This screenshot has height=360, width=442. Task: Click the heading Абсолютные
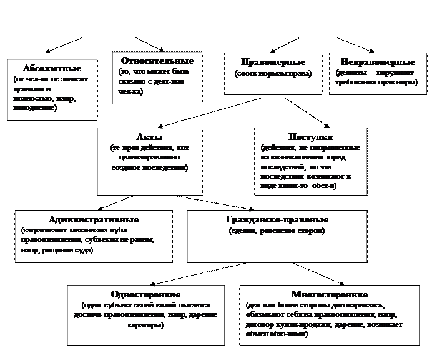51,68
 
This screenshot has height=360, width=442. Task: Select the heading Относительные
157,61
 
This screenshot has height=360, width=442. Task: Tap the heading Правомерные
273,62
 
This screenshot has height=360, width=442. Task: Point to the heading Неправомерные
378,62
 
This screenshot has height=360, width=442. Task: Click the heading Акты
149,137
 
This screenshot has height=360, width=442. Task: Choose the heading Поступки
311,137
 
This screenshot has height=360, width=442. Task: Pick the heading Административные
93,220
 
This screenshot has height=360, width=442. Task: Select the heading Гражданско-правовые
277,220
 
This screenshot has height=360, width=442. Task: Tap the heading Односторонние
145,294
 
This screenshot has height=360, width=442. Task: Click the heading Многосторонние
329,294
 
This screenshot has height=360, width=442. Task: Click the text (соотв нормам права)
273,74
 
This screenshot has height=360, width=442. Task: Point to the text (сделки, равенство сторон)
277,231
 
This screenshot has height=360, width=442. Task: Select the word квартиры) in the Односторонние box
145,326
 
